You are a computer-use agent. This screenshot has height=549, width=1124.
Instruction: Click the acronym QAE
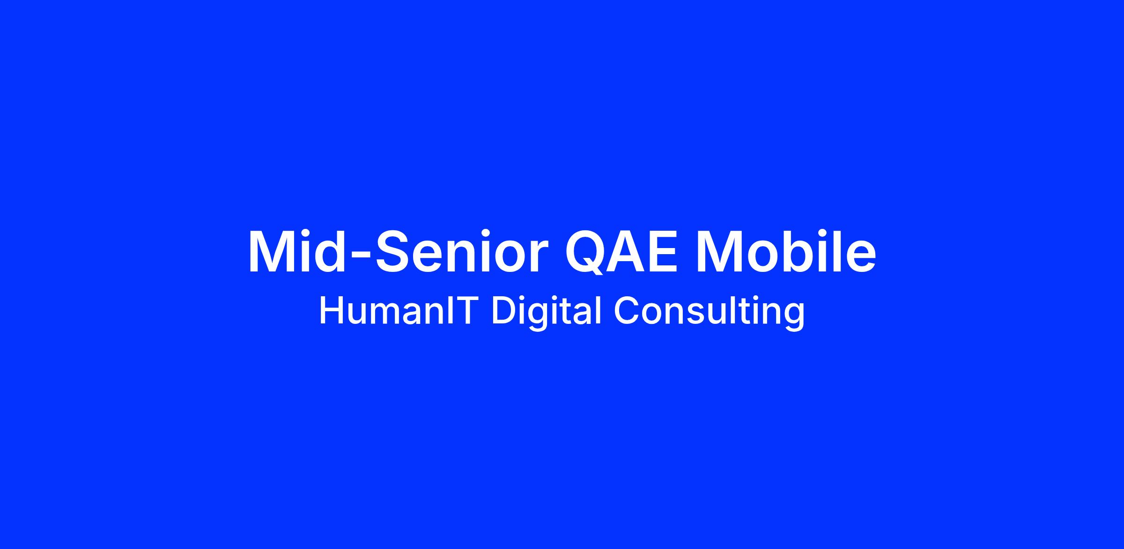coord(621,251)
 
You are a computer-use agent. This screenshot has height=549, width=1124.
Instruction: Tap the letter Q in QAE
coord(588,252)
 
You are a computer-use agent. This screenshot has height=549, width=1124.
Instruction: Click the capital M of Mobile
coord(720,250)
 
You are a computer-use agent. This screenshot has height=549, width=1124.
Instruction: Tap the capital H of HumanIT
coord(331,311)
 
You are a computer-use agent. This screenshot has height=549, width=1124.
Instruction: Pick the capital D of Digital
coord(503,311)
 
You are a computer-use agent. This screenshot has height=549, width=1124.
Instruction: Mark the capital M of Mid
coord(273,250)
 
